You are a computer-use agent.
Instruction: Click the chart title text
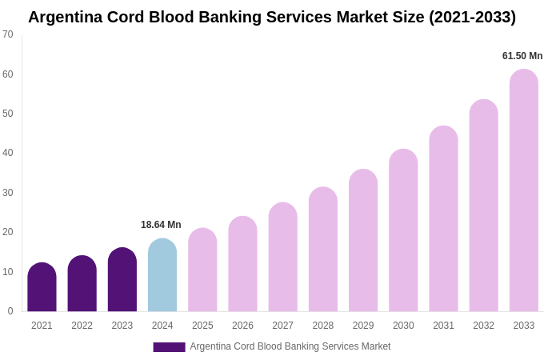coord(272,17)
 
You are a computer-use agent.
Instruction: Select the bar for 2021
coord(42,288)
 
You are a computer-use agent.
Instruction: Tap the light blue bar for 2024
coord(162,276)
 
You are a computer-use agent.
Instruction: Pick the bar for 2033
coord(524,192)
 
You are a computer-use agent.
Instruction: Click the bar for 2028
coord(323,250)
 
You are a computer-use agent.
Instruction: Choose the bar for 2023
coord(122,280)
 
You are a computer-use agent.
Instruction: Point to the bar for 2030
coord(403,232)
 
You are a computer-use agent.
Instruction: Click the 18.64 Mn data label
coord(161,225)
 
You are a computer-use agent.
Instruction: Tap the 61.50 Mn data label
coord(522,56)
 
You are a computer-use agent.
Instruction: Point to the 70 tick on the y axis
coord(8,34)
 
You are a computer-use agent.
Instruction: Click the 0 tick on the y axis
coord(10,311)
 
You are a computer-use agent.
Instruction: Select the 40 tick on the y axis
coord(8,153)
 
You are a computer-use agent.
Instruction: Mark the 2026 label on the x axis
coord(242,326)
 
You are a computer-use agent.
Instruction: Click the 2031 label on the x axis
coord(443,326)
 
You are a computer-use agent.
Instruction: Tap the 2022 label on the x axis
coord(82,326)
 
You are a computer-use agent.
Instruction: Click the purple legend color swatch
coord(169,347)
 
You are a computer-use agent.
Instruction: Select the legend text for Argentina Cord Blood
coord(290,346)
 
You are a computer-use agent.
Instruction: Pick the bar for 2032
coord(483,206)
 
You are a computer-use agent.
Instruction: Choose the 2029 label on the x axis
coord(363,326)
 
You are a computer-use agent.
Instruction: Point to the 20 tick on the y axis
coord(8,232)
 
